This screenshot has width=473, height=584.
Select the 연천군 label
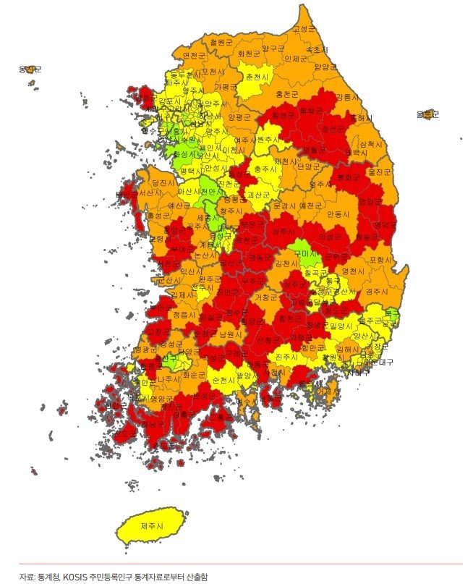tap(195, 55)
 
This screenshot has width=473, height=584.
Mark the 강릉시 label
tap(346, 96)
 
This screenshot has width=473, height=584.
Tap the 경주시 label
tap(378, 291)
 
